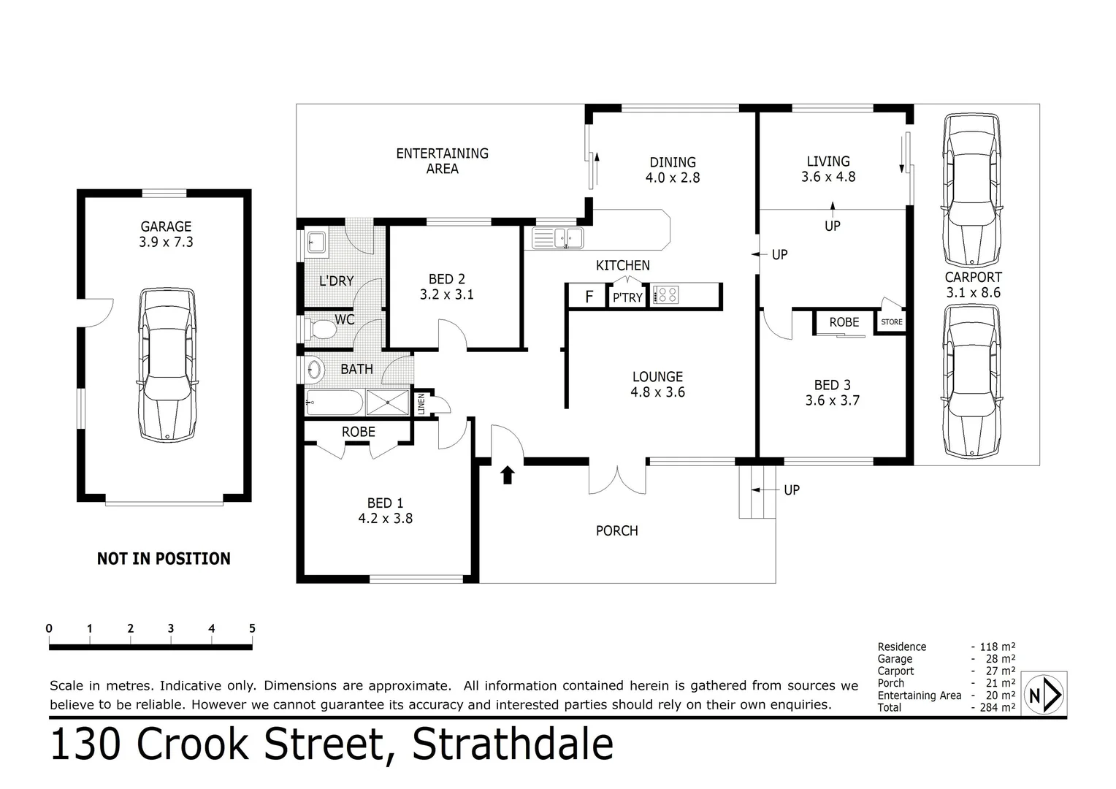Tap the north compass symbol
pyautogui.click(x=1044, y=695)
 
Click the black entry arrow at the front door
pyautogui.click(x=508, y=475)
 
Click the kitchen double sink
pyautogui.click(x=558, y=237)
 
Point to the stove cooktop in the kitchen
pyautogui.click(x=666, y=295)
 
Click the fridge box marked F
pyautogui.click(x=589, y=297)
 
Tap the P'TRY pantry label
pyautogui.click(x=627, y=297)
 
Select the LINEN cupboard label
pyautogui.click(x=421, y=404)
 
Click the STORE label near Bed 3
pyautogui.click(x=891, y=321)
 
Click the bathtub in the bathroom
pyautogui.click(x=334, y=402)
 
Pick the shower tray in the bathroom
pyautogui.click(x=388, y=402)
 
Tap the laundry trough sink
pyautogui.click(x=316, y=242)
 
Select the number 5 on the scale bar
pyautogui.click(x=252, y=628)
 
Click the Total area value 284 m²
pyautogui.click(x=996, y=707)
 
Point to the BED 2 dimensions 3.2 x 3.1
pyautogui.click(x=446, y=294)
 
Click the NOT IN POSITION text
pyautogui.click(x=164, y=559)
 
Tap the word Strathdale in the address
pyautogui.click(x=513, y=744)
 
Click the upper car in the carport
pyautogui.click(x=971, y=191)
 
